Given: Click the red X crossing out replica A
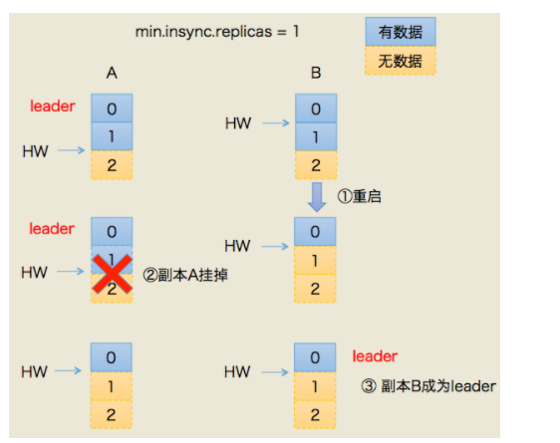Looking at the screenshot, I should (113, 273).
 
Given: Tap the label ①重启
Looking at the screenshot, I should (360, 196).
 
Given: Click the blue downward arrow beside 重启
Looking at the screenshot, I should (315, 196).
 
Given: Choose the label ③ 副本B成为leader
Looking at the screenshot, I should (428, 385).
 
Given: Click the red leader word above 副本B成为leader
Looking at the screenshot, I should (375, 355).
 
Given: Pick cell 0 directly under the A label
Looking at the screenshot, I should (112, 109).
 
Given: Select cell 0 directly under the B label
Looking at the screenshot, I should (315, 109).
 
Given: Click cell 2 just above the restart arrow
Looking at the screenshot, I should (315, 165).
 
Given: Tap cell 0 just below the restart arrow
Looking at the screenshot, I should (315, 233).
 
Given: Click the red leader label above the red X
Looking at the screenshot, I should (52, 229).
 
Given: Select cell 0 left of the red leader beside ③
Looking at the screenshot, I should (315, 357).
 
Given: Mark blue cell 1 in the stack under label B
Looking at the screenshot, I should (315, 137).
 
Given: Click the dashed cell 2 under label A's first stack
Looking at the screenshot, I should (112, 165).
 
